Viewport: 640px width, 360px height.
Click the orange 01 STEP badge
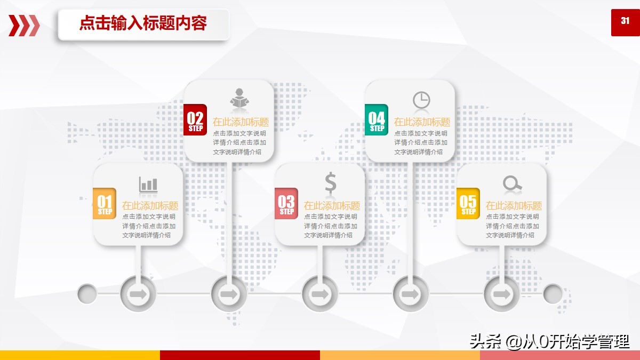105,203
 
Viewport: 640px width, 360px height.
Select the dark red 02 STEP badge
195,119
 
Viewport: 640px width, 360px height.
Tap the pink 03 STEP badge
286,203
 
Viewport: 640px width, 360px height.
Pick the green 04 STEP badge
377,119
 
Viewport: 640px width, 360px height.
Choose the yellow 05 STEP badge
468,203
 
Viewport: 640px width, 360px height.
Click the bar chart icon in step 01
148,185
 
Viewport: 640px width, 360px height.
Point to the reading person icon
239,98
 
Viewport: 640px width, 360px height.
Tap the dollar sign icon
331,182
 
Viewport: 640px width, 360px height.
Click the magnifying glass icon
513,183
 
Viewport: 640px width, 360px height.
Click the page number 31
625,21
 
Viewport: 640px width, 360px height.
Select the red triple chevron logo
24,26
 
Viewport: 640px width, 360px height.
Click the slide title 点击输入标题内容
143,23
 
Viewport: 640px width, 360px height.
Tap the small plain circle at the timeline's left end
87,294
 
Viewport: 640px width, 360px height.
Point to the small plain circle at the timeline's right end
553,294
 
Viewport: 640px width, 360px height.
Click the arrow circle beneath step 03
320,294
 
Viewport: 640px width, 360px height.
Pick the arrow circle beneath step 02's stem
229,294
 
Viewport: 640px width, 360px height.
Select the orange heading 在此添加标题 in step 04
422,122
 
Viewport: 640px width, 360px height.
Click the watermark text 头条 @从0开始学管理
550,341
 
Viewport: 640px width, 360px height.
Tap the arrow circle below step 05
502,294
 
